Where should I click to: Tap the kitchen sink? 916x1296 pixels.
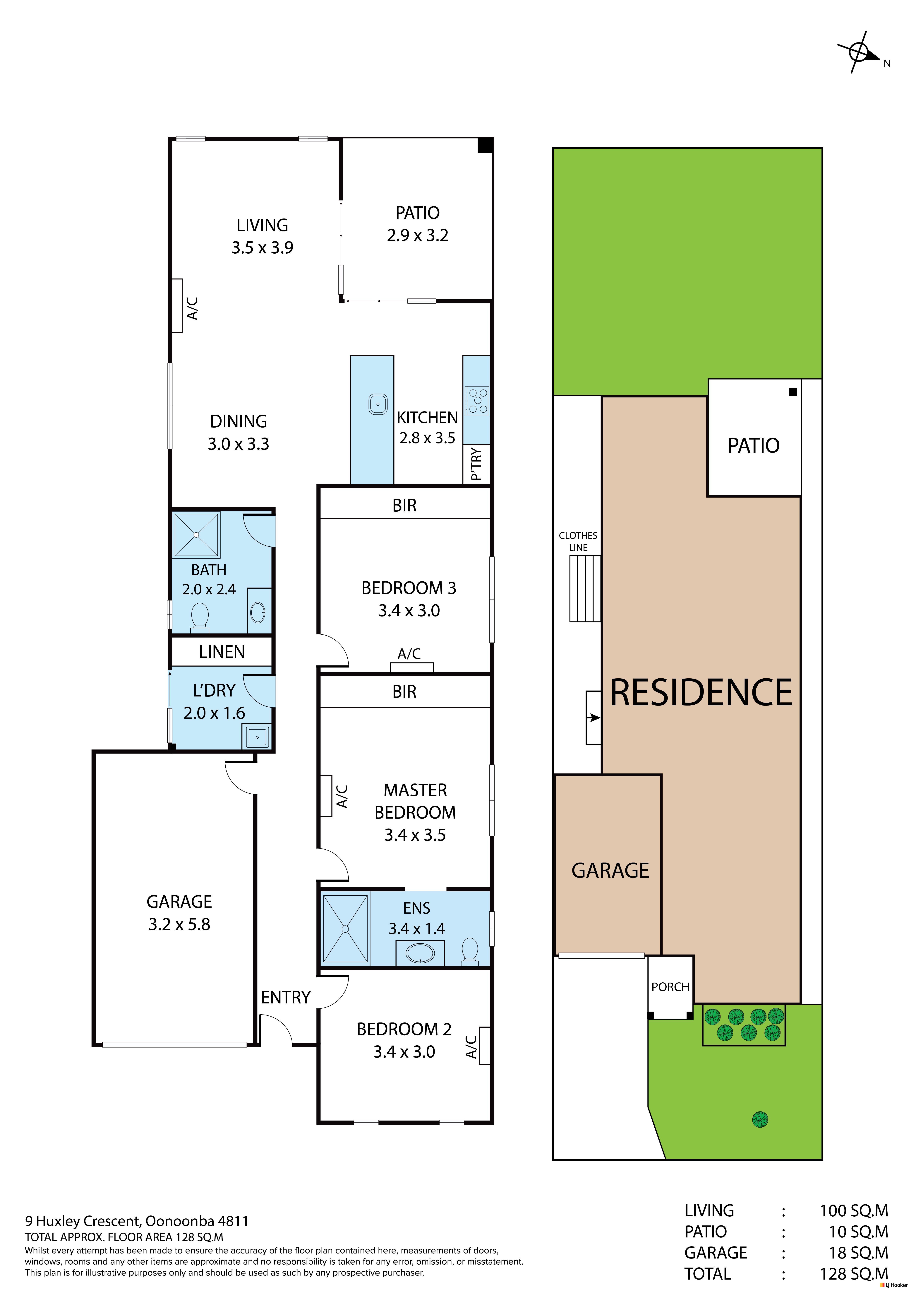pos(378,404)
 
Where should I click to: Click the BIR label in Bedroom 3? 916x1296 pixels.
pos(404,505)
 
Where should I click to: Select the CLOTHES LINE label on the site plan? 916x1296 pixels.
pos(578,541)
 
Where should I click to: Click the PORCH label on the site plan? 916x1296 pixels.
pos(670,987)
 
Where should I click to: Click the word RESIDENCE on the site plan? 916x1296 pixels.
pos(701,693)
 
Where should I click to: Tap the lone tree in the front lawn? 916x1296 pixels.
pos(760,1119)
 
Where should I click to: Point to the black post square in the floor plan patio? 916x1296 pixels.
pos(485,145)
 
